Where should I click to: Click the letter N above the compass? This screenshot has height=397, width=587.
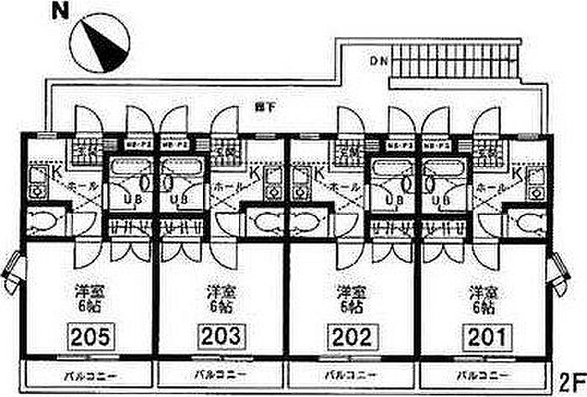click(x=59, y=12)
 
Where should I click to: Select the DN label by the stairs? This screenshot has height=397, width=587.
click(x=377, y=60)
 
